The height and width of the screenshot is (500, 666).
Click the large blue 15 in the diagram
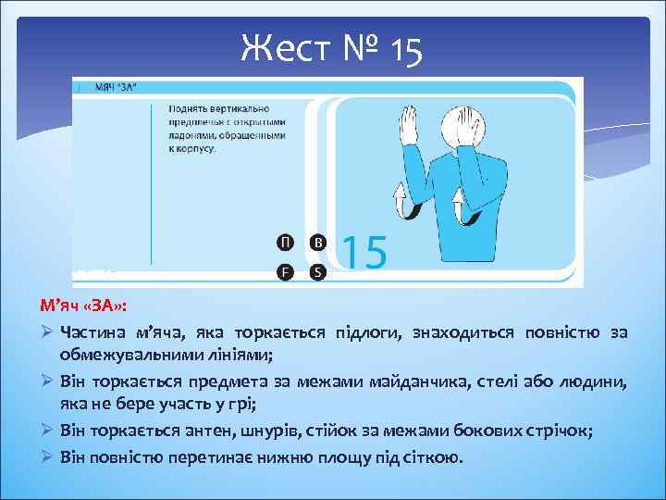364,252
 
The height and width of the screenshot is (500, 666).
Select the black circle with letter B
317,243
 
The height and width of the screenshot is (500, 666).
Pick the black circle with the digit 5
317,272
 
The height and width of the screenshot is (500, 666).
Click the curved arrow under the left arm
401,201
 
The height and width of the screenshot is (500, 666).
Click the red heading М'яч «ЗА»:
84,306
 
